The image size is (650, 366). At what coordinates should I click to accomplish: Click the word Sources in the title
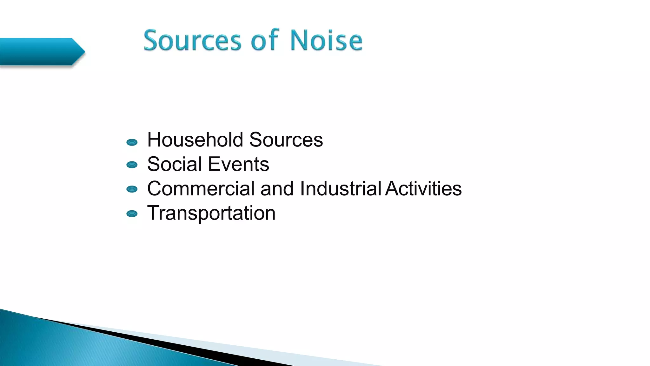point(192,41)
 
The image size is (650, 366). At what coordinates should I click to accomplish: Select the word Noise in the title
point(326,41)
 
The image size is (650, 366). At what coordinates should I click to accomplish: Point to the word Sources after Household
point(286,140)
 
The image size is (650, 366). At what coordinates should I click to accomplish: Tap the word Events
point(238,164)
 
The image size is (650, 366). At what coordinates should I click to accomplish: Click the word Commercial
point(201,188)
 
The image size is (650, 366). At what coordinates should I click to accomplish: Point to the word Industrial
point(340,188)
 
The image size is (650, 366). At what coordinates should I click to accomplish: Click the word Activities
point(423,188)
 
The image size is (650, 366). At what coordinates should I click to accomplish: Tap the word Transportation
point(211,213)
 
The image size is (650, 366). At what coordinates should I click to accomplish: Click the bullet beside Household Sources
point(132,142)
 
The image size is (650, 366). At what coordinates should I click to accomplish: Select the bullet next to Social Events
point(132,165)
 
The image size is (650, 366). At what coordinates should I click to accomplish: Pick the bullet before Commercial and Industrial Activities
point(132,189)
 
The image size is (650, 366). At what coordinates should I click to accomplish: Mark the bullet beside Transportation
point(132,213)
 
